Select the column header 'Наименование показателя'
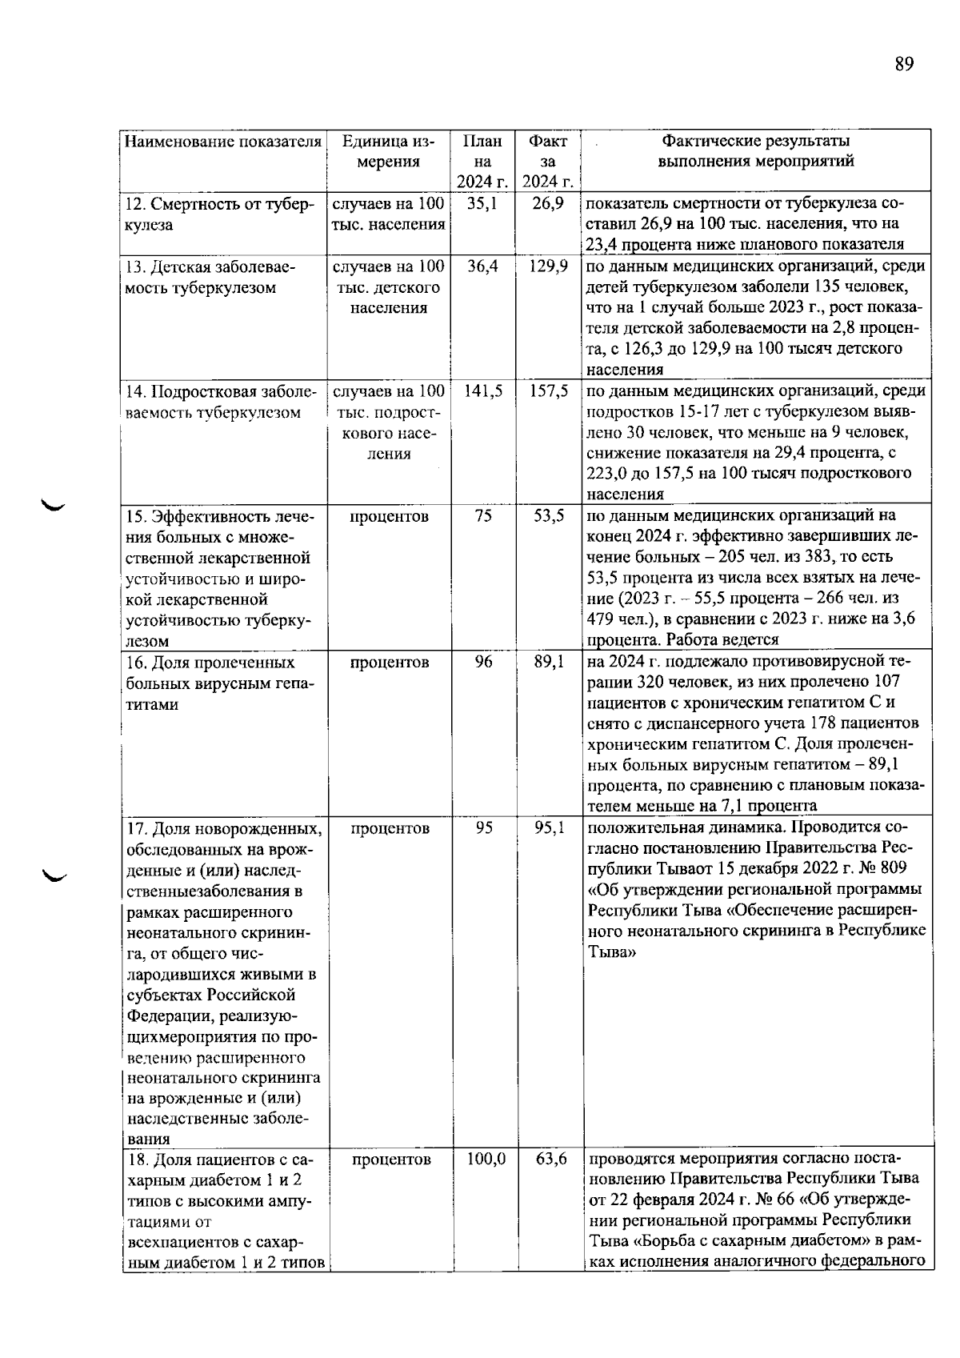click(223, 142)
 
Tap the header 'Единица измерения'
click(388, 151)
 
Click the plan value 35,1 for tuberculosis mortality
click(482, 203)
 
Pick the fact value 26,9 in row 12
click(548, 203)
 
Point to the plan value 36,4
click(482, 266)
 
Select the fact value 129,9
click(548, 266)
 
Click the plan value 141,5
click(482, 391)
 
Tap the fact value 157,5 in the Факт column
click(548, 391)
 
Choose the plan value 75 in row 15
click(482, 515)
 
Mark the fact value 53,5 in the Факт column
click(549, 515)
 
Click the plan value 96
click(483, 662)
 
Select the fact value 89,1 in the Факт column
click(549, 662)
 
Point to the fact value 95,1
click(549, 827)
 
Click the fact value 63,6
click(550, 1159)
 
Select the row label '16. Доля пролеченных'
click(211, 663)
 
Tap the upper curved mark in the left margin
click(55, 504)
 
